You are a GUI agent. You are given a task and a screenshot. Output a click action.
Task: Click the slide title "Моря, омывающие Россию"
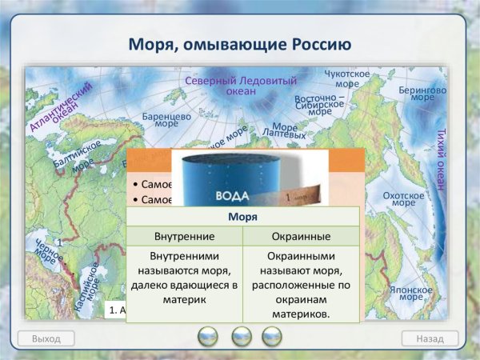click(239, 42)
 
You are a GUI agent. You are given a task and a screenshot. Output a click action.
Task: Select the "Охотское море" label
click(403, 199)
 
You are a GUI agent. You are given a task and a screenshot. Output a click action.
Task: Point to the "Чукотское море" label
click(346, 78)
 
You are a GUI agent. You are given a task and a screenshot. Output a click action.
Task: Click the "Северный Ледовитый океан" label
click(240, 86)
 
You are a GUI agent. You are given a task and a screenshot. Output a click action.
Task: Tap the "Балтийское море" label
click(78, 158)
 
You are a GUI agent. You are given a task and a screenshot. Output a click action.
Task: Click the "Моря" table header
click(242, 216)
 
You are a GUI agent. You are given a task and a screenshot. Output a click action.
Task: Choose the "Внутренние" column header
click(184, 237)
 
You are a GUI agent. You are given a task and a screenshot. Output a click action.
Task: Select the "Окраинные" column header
click(301, 237)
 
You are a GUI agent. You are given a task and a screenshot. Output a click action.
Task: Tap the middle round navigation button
click(241, 336)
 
